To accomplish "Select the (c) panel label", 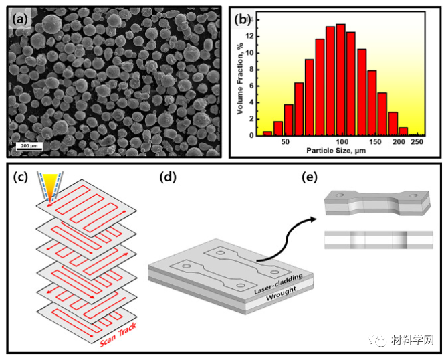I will [22, 178].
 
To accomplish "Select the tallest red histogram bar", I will [340, 80].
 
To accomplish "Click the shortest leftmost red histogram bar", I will [267, 133].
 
